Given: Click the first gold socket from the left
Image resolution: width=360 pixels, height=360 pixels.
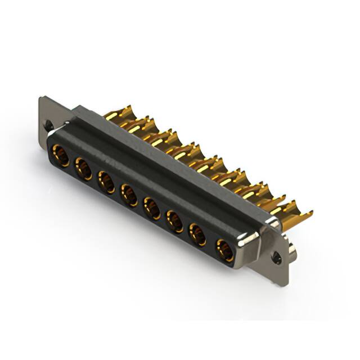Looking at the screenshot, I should [x=61, y=155].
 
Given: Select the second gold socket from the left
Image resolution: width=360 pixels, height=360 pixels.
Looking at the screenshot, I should [x=84, y=168].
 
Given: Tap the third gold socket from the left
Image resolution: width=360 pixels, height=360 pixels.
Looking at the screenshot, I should [x=106, y=182].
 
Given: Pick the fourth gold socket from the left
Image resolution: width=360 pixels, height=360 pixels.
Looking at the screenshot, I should [x=129, y=195].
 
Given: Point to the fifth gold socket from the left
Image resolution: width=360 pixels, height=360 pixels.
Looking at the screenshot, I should [x=152, y=208].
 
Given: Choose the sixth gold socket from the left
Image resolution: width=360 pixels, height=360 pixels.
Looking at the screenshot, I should [x=174, y=221].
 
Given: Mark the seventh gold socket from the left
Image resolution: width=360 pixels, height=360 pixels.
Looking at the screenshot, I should [x=198, y=235].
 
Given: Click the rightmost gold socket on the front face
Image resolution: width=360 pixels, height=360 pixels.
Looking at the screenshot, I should [x=224, y=250].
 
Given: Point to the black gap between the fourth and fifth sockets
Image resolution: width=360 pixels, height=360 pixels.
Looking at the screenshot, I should [x=141, y=202].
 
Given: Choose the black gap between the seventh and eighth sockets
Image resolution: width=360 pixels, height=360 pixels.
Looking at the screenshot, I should [x=211, y=242].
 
